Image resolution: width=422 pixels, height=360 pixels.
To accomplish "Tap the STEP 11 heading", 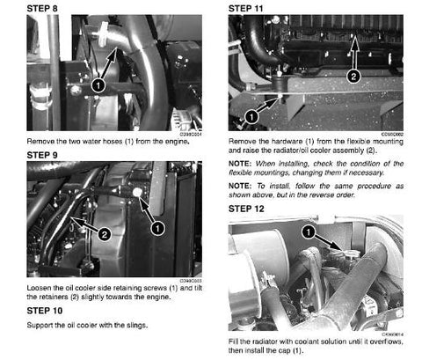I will pos(250,7).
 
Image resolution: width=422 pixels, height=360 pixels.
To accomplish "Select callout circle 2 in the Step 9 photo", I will pos(104,234).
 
